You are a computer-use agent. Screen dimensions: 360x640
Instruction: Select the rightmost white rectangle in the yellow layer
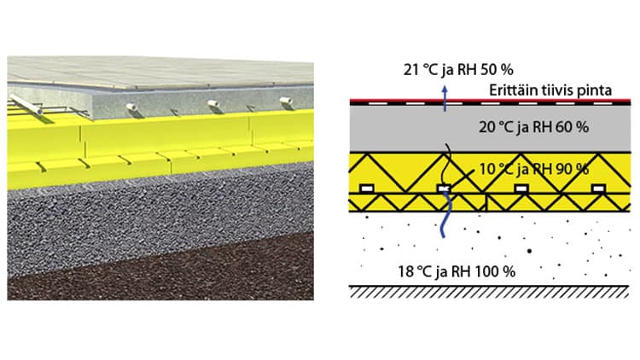(x=598, y=188)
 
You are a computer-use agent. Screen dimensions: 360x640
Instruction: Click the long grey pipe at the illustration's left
(x=28, y=107)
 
